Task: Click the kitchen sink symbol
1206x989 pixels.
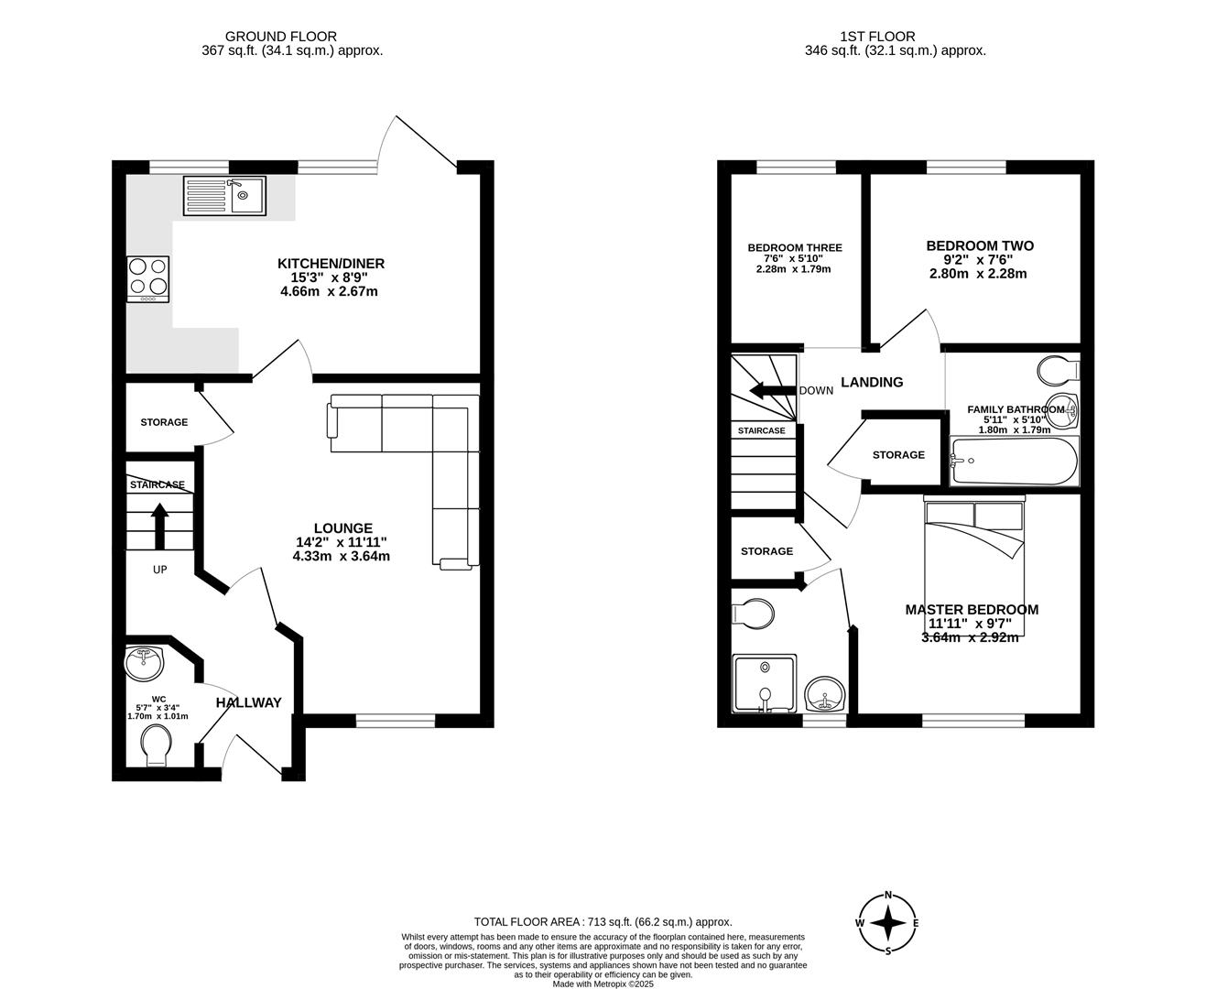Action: coord(224,195)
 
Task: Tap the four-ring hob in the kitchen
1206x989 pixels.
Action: coord(148,277)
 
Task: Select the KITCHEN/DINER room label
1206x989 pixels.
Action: coord(331,264)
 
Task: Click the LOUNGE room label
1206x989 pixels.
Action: coord(342,528)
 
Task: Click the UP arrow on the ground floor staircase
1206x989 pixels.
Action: coord(159,525)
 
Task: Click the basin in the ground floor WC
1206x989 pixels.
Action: coord(144,663)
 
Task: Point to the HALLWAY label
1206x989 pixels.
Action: coord(248,702)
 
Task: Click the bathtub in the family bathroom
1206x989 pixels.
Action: coord(1015,461)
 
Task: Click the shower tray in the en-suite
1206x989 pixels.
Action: coord(764,682)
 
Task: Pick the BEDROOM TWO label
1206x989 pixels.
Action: coord(979,245)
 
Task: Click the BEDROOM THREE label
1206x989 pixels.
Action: coord(794,247)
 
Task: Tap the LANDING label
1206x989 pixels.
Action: coord(872,382)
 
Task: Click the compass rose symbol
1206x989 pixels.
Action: coord(887,923)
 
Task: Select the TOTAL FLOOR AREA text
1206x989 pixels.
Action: coord(603,922)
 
